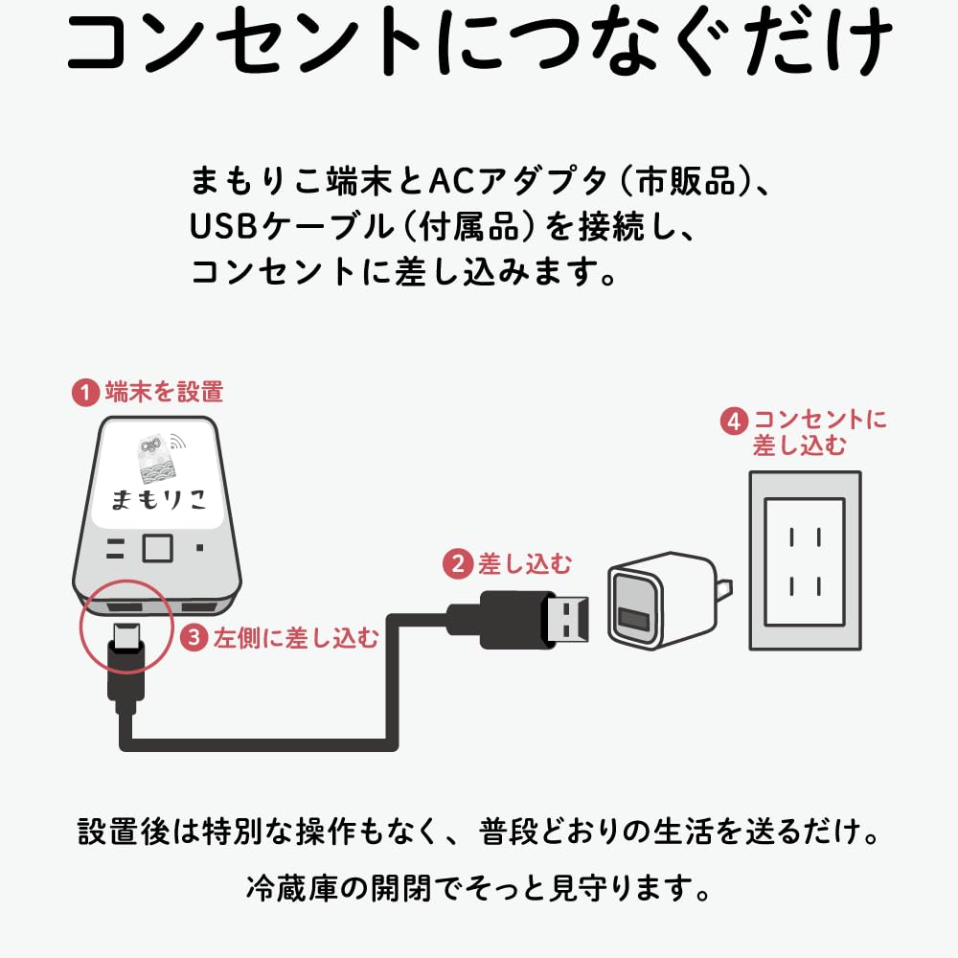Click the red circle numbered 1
[x=86, y=392]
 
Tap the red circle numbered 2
[x=457, y=564]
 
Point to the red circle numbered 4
[x=734, y=422]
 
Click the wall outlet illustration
[x=805, y=560]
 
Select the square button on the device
[x=156, y=549]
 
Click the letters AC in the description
[x=446, y=179]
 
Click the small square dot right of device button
[x=198, y=549]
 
